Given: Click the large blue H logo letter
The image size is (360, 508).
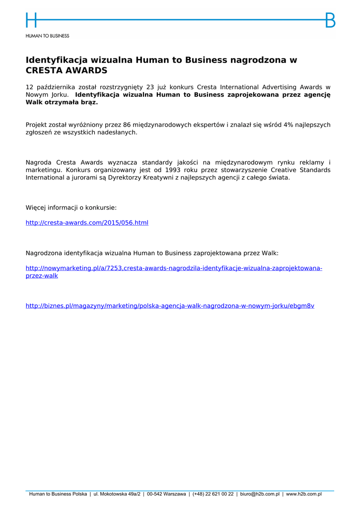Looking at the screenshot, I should click(x=31, y=20).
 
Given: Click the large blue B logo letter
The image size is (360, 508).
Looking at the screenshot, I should click(x=330, y=20).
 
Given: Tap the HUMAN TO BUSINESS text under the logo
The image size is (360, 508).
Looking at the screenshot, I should click(x=48, y=36).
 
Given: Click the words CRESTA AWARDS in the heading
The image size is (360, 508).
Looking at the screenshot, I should click(x=67, y=70).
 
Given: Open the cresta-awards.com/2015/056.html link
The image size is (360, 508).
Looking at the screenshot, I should click(x=87, y=223).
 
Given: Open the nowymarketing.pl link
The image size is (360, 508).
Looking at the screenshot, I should click(x=174, y=268).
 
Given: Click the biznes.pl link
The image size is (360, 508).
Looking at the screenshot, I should click(x=170, y=306).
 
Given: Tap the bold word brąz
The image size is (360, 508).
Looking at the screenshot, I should click(x=88, y=102).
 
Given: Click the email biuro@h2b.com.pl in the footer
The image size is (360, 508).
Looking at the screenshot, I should click(x=260, y=494).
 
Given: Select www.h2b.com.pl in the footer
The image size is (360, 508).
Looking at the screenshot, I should click(x=304, y=494).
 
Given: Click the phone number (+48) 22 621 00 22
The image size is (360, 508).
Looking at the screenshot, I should click(x=213, y=494).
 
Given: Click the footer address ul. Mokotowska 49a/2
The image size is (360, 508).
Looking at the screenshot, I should click(x=117, y=494).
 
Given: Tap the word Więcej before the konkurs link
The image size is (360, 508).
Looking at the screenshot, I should click(x=37, y=208).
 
